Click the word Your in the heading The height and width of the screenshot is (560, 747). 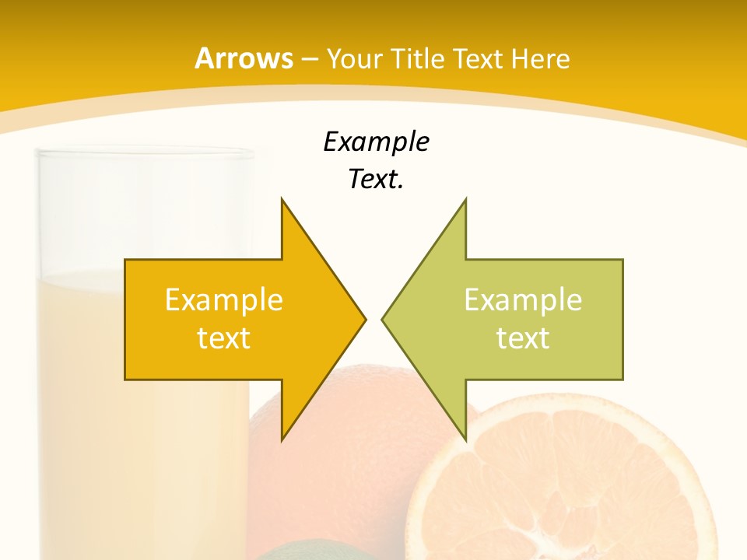point(354,58)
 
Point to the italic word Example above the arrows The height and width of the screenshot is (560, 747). point(376,142)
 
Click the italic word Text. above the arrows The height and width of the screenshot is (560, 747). point(376,180)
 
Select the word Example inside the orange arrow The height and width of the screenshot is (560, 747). point(224,299)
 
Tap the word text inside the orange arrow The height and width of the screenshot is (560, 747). point(224,338)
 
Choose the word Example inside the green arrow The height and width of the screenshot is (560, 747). point(523,299)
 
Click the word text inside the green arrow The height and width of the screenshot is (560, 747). point(523,338)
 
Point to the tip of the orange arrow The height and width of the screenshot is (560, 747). point(364,319)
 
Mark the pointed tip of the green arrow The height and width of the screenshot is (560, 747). point(383,319)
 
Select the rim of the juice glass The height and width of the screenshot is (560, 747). point(146,153)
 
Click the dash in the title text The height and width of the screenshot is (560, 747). point(309,59)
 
